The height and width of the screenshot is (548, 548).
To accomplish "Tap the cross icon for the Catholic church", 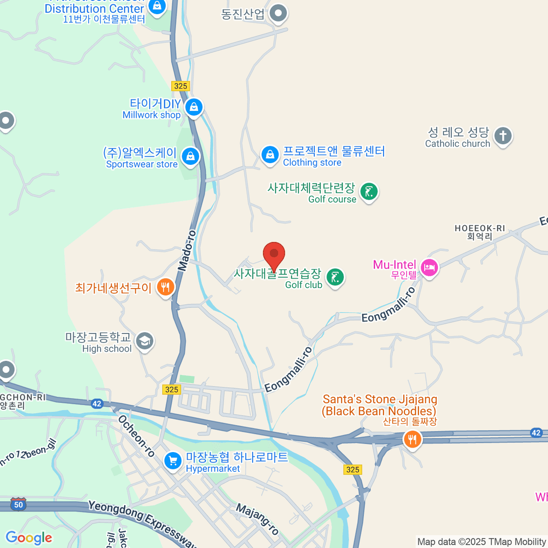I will coord(503,136).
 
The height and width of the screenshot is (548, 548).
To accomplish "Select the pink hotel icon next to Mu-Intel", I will coord(429,267).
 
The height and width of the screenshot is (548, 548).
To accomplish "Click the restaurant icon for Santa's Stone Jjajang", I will coord(412,439).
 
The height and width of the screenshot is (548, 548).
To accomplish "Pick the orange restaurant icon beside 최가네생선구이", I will coord(165,287).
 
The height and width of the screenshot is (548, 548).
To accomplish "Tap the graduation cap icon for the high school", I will coord(145,341).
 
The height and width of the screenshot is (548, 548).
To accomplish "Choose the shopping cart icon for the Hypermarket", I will coord(173,461).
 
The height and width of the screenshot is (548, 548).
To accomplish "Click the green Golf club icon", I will coord(336,277).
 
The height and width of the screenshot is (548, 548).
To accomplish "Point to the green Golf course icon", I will coord(369,191).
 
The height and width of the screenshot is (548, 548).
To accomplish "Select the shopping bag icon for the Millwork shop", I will coord(194,107).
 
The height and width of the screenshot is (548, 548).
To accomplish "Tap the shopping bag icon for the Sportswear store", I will coord(190,157).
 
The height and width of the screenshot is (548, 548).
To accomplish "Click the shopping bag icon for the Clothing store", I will coord(270,155).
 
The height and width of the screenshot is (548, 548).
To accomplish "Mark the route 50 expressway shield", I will coord(18,504).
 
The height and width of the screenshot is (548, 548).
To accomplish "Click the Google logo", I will coord(29,537).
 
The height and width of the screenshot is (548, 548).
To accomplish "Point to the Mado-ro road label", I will coord(187,251).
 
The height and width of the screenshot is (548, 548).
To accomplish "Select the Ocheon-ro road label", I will coord(136,436).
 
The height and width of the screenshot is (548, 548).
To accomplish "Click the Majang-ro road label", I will coord(257,519).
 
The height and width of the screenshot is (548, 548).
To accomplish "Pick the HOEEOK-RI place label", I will coord(479,228).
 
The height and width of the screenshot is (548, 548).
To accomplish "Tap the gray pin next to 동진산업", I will coord(278,13).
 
